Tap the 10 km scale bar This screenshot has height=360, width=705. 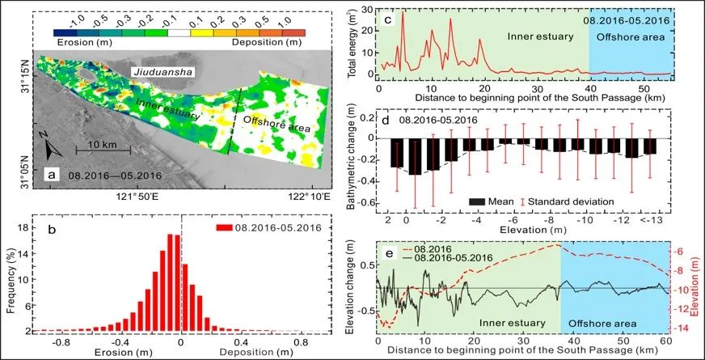coord(99,150)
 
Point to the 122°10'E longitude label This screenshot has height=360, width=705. coord(302,196)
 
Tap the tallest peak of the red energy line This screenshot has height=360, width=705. coord(403,11)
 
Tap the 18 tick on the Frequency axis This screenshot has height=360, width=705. coord(38,229)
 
